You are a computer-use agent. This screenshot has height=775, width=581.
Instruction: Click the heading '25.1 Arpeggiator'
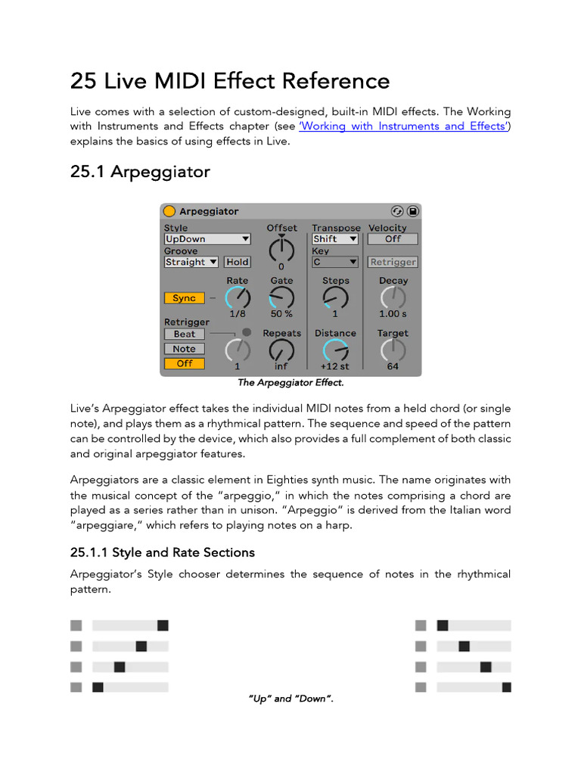140,172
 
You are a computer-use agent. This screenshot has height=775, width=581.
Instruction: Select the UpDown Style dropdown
207,239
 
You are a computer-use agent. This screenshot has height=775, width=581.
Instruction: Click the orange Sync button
184,298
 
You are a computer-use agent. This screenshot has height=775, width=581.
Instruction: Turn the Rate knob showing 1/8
237,298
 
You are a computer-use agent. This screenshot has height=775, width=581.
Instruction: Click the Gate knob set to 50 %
281,298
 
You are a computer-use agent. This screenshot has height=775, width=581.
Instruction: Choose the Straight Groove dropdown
191,262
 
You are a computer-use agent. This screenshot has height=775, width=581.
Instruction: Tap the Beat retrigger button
184,334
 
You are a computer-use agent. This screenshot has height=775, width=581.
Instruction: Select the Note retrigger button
184,349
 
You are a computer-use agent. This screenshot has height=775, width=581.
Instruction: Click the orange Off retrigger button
184,363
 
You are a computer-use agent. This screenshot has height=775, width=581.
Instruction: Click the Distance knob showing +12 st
335,350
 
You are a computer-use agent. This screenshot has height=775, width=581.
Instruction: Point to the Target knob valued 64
393,350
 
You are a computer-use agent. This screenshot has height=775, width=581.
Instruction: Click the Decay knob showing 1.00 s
393,298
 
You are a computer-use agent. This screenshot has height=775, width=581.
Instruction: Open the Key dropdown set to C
335,262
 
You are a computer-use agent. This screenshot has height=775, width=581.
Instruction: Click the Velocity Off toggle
393,239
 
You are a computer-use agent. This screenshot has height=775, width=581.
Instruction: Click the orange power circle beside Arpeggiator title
169,211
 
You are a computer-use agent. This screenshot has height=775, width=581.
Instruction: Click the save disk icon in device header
412,211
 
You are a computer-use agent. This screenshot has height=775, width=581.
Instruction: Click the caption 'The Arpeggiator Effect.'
290,383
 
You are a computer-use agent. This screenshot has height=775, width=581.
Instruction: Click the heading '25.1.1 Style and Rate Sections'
163,552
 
